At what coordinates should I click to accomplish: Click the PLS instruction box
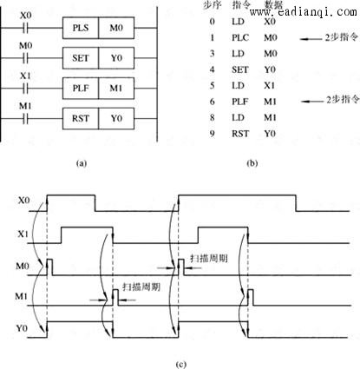coord(81,28)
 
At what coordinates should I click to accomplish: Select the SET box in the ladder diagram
coord(81,58)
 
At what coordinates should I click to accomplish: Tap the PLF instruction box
coord(81,89)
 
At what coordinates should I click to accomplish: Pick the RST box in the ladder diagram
coord(81,118)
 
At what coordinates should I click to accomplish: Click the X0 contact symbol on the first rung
coord(25,28)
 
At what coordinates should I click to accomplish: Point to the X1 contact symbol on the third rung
coord(25,89)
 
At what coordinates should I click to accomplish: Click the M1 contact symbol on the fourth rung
coord(25,118)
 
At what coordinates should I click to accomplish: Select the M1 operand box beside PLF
coord(116,89)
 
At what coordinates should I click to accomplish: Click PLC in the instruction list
coord(240,37)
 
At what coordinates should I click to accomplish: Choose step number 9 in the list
coord(213,134)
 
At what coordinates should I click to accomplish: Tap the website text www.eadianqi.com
coord(304,12)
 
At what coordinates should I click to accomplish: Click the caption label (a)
coord(82,163)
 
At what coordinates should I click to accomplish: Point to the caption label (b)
coord(252,163)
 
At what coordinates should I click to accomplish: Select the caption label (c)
coord(180,364)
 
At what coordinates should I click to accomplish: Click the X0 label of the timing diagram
coord(23,201)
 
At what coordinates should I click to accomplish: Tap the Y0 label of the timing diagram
coord(22,328)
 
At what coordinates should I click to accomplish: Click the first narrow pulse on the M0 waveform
coord(49,267)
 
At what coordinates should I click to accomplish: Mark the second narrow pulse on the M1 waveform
coord(251,297)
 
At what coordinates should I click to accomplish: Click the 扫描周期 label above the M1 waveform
coord(141,287)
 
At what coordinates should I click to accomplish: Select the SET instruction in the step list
coord(240,69)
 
